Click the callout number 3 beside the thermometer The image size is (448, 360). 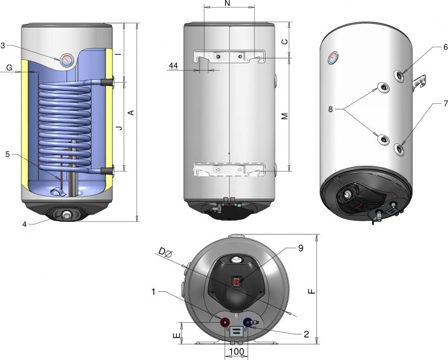tap(3, 46)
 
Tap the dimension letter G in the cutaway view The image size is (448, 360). tap(9, 68)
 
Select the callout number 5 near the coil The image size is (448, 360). tap(8, 154)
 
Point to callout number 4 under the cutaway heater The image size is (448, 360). tap(24, 224)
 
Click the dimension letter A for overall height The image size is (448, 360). tap(131, 113)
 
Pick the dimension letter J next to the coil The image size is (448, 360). tap(120, 127)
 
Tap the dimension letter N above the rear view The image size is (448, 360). tap(228, 4)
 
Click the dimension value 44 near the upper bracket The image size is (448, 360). tap(173, 66)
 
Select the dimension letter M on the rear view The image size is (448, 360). tap(285, 116)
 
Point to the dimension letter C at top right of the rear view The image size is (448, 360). tap(285, 41)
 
